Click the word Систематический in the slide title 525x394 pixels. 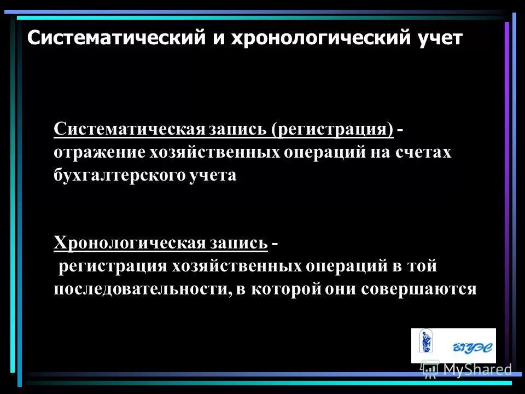(112, 38)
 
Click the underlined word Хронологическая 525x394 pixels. (129, 242)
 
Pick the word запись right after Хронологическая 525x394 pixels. (236, 242)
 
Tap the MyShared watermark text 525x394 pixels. (477, 370)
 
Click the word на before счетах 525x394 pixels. (382, 153)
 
